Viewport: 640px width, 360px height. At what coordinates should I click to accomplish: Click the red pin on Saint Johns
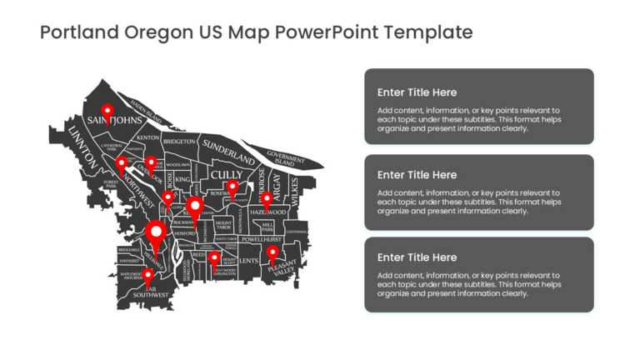point(107,111)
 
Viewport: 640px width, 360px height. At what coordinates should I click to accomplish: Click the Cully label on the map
point(227,174)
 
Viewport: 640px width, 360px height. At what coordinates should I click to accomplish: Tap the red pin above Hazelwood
point(267,199)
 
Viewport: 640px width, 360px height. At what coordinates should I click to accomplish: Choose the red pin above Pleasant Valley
point(272,252)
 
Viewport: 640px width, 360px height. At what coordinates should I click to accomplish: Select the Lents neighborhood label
point(249,261)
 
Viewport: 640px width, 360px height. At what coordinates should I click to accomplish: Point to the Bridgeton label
point(179,142)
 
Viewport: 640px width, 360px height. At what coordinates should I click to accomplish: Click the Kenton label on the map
point(148,137)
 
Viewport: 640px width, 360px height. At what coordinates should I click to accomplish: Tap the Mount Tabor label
point(224,225)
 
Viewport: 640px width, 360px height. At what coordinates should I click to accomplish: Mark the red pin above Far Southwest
point(147,275)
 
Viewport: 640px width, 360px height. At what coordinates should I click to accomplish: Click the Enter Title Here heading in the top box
point(417,92)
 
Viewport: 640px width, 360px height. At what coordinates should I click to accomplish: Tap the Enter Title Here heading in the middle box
point(417,175)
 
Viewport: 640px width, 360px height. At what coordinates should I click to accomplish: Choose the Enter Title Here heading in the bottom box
point(417,257)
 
